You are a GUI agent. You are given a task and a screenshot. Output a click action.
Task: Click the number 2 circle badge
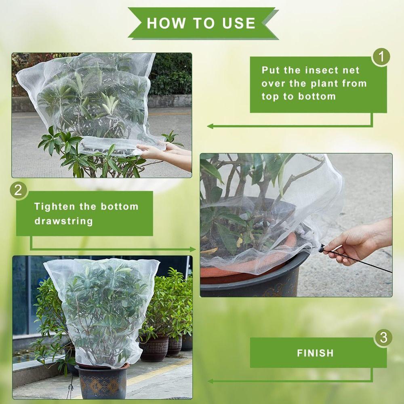tap(18, 190)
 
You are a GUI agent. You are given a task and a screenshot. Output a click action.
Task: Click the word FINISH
tap(316, 353)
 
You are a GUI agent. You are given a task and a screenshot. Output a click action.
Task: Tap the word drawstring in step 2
tap(63, 221)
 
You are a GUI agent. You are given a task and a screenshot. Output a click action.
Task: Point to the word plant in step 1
tap(326, 83)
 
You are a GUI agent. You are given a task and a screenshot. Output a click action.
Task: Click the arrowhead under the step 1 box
tap(210, 126)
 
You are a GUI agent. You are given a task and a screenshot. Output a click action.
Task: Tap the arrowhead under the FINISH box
tap(210, 381)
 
